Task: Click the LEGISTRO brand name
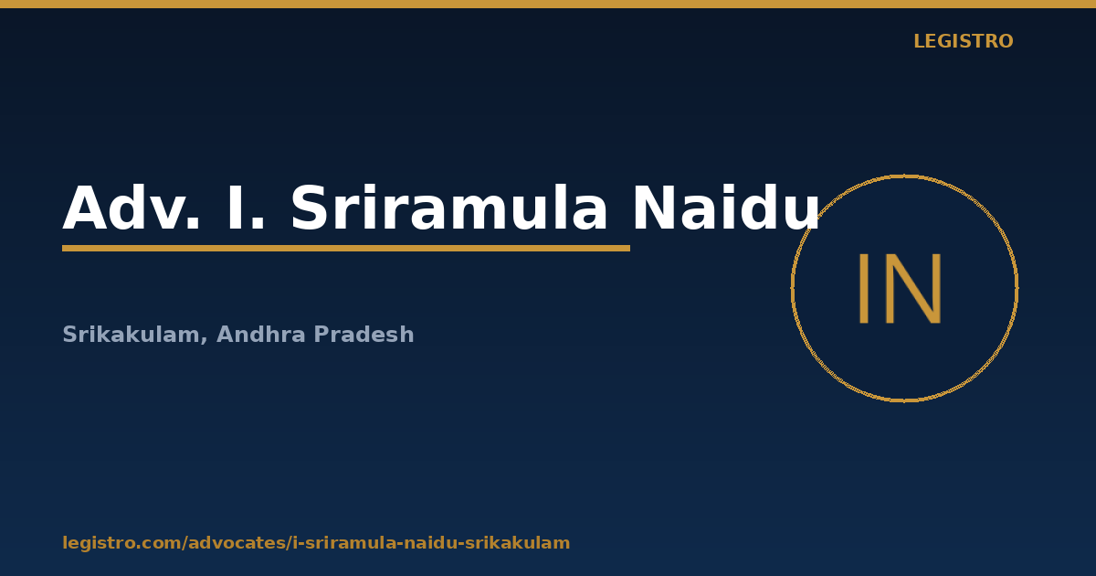[963, 41]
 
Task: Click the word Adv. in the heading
[132, 208]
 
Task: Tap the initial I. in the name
[246, 208]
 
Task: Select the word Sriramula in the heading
[448, 208]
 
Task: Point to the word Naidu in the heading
[726, 207]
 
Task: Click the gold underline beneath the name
[346, 249]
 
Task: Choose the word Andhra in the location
[262, 335]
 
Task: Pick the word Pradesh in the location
[364, 335]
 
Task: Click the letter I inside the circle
[864, 289]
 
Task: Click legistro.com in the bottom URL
[121, 543]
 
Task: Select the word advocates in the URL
[237, 543]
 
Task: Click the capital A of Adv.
[86, 208]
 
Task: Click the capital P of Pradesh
[321, 335]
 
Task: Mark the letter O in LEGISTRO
[1005, 41]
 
